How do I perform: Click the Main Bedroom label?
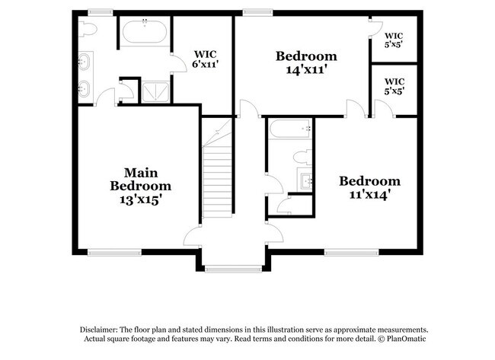pyautogui.click(x=140, y=179)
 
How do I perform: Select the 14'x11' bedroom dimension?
pyautogui.click(x=306, y=69)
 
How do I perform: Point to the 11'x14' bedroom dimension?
pyautogui.click(x=369, y=194)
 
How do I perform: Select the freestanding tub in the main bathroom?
pyautogui.click(x=145, y=33)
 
